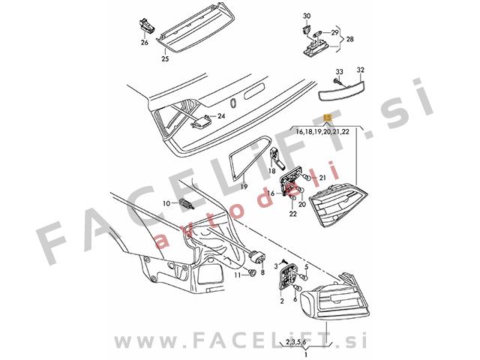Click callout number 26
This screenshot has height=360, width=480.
tap(145, 42)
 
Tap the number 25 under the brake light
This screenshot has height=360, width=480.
tap(165, 58)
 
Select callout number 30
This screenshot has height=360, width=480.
tap(307, 16)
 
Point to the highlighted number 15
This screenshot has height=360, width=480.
tap(327, 118)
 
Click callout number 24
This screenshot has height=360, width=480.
tap(221, 116)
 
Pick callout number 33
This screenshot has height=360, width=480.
tap(339, 72)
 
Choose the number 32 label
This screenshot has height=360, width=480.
tap(361, 70)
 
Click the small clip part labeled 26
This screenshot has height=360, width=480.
tap(147, 25)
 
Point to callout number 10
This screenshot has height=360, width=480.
tap(166, 203)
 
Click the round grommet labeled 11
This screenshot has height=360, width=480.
tap(252, 272)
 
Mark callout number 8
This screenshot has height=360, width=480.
tap(262, 272)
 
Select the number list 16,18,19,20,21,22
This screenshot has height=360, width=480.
tap(322, 132)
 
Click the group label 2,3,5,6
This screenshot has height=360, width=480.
tap(295, 341)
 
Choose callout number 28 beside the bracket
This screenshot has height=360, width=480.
tap(349, 39)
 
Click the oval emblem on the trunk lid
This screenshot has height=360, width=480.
tap(232, 103)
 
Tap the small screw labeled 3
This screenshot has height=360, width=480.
tap(284, 260)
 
